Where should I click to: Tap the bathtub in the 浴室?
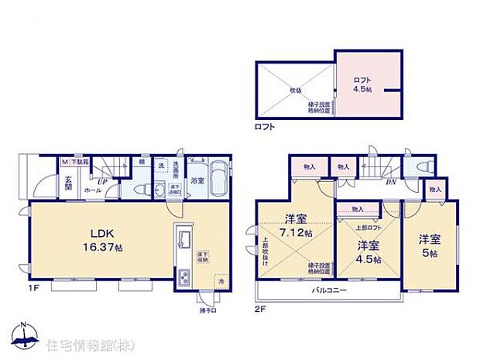coord(217,180)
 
